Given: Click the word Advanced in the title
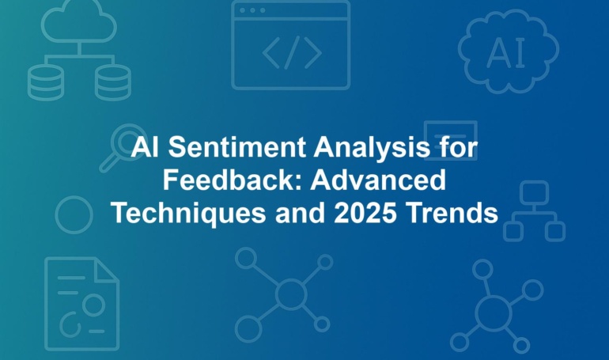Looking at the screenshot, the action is (378, 180).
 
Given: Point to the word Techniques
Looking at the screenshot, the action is (189, 214).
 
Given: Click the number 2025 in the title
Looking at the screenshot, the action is (365, 213).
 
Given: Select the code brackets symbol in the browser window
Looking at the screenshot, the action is (292, 52).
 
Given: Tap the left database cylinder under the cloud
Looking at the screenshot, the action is (46, 82).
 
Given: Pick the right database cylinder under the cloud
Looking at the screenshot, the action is (112, 82).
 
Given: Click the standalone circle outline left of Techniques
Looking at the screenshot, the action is (74, 196).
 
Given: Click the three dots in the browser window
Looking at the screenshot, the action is (252, 10).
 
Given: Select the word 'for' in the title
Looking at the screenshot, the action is (463, 148).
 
